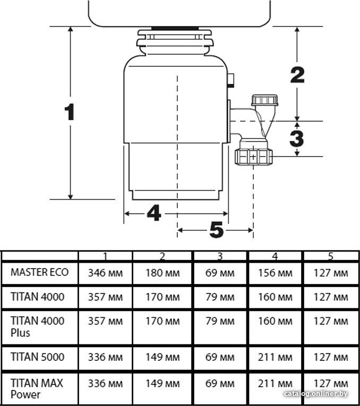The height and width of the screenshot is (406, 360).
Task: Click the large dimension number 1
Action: (x=70, y=112)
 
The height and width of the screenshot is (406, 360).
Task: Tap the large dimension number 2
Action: (x=297, y=75)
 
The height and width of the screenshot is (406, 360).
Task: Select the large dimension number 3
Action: (x=297, y=139)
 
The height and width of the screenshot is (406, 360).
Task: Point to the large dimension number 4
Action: (x=154, y=213)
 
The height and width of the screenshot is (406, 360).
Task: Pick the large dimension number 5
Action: (x=216, y=230)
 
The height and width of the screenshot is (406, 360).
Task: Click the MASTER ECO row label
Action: (x=40, y=272)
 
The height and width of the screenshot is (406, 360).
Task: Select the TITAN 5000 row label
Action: (x=38, y=357)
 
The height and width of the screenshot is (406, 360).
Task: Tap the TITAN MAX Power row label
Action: (x=37, y=388)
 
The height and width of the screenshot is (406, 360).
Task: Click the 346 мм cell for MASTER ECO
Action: (x=106, y=273)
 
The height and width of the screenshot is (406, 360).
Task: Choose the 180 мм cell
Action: (x=162, y=273)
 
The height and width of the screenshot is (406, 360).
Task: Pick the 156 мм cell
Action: (x=275, y=273)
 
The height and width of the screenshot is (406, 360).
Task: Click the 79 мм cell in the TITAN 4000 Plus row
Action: (x=220, y=321)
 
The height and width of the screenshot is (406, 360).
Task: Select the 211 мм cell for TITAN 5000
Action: (x=275, y=357)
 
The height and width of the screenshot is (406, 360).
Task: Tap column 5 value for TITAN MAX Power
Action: (x=331, y=384)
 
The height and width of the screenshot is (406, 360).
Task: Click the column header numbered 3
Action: (x=220, y=256)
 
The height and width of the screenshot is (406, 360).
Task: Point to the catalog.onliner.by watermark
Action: (x=316, y=394)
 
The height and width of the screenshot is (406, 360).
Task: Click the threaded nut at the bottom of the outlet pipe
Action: (x=254, y=157)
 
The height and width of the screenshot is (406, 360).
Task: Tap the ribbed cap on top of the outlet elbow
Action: (x=265, y=100)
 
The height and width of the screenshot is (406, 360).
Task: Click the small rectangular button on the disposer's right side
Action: (x=231, y=80)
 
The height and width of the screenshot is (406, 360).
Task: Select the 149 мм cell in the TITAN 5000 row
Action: (x=162, y=357)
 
